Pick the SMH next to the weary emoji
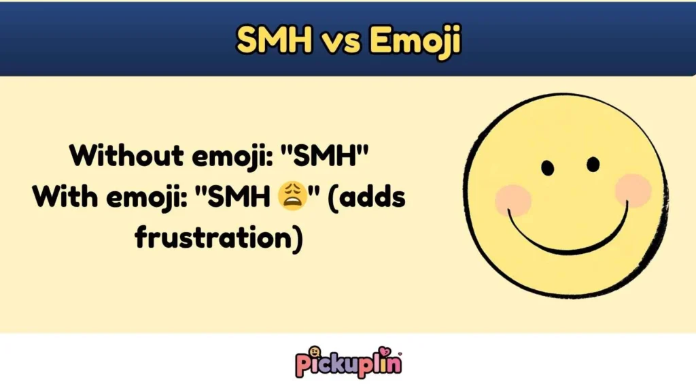point(237,197)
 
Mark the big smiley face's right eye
point(593,164)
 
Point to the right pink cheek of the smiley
point(633,190)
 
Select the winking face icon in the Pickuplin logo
point(315,353)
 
